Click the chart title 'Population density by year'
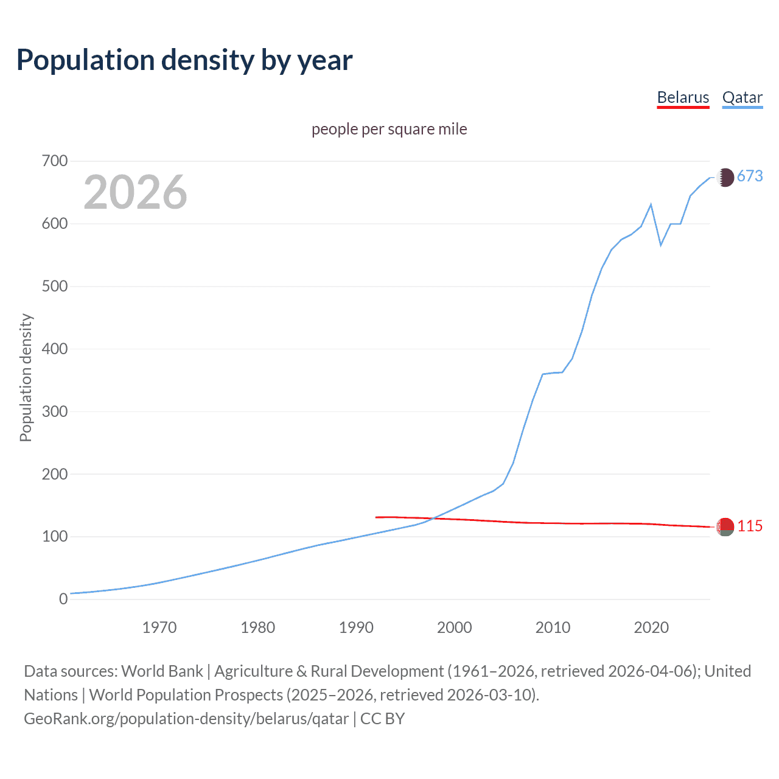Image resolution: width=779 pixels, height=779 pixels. (x=184, y=60)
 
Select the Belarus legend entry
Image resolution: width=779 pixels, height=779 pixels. (x=683, y=98)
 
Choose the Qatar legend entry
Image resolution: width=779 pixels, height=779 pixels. (x=742, y=98)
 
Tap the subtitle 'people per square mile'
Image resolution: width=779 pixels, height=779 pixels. (x=389, y=130)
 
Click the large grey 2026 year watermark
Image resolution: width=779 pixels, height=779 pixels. (x=135, y=192)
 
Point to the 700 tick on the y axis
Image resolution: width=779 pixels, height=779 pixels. (x=55, y=161)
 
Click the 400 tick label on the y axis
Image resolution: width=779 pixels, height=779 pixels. (x=55, y=349)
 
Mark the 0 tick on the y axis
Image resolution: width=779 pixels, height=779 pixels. (x=63, y=599)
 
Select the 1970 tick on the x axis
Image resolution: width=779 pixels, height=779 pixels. (x=159, y=627)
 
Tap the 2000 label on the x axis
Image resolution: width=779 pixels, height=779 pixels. (x=455, y=627)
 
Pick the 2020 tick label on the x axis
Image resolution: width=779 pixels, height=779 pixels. (x=651, y=627)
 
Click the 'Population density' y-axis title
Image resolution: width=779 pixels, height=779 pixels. (x=26, y=377)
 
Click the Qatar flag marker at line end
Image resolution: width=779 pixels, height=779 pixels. (x=725, y=177)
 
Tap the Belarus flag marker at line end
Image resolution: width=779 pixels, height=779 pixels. (x=725, y=527)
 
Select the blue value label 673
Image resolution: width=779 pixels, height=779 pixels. (x=750, y=176)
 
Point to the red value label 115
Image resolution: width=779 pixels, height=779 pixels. (x=750, y=526)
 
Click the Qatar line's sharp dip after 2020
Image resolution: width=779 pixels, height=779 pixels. (x=661, y=245)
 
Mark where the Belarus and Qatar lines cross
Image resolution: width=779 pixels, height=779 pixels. (x=433, y=519)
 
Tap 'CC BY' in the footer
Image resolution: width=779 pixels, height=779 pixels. (x=382, y=719)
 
